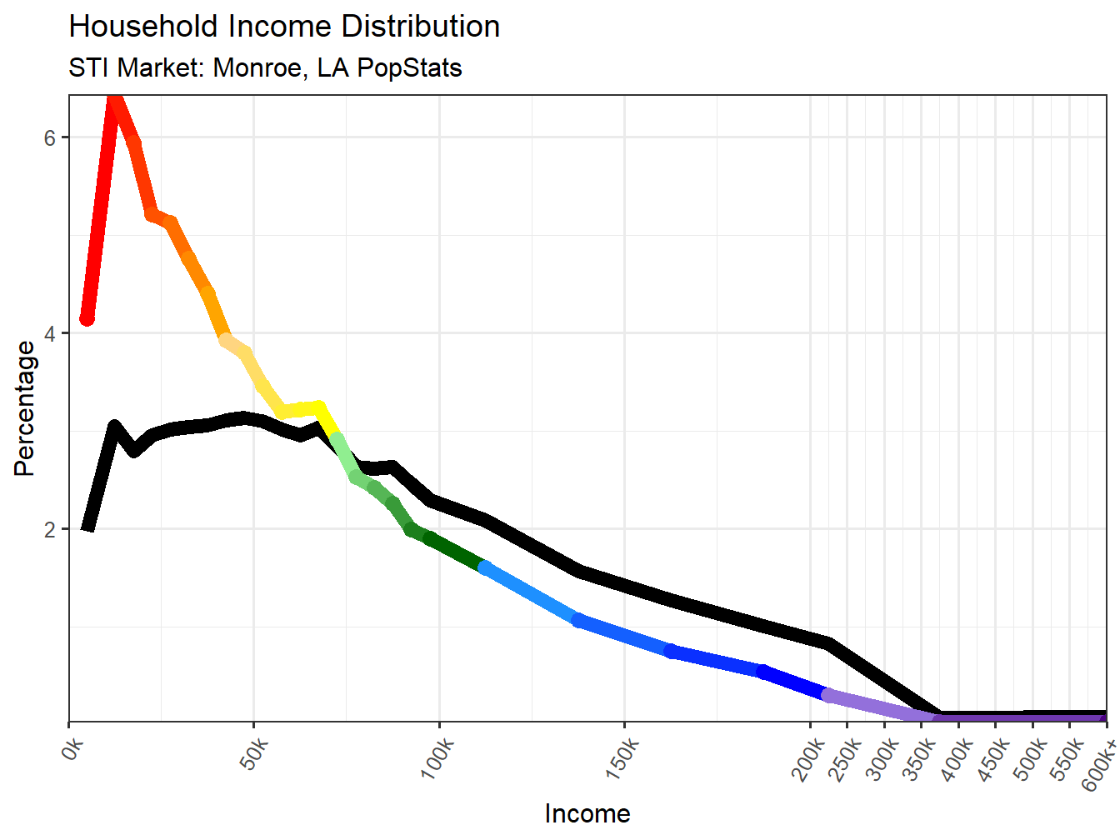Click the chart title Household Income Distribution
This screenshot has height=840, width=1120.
[x=284, y=27]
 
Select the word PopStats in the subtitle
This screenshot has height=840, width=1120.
[x=409, y=67]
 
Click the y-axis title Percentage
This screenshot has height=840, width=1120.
[x=25, y=408]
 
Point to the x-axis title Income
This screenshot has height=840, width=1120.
[x=587, y=813]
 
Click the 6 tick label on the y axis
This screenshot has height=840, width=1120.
[x=50, y=137]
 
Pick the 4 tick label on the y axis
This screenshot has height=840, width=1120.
[x=50, y=333]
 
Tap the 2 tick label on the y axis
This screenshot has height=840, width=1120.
[x=50, y=529]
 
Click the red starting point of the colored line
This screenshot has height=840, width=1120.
[x=87, y=319]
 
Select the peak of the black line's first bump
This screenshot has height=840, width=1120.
[x=114, y=427]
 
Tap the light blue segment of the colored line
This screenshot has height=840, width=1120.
[x=530, y=593]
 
